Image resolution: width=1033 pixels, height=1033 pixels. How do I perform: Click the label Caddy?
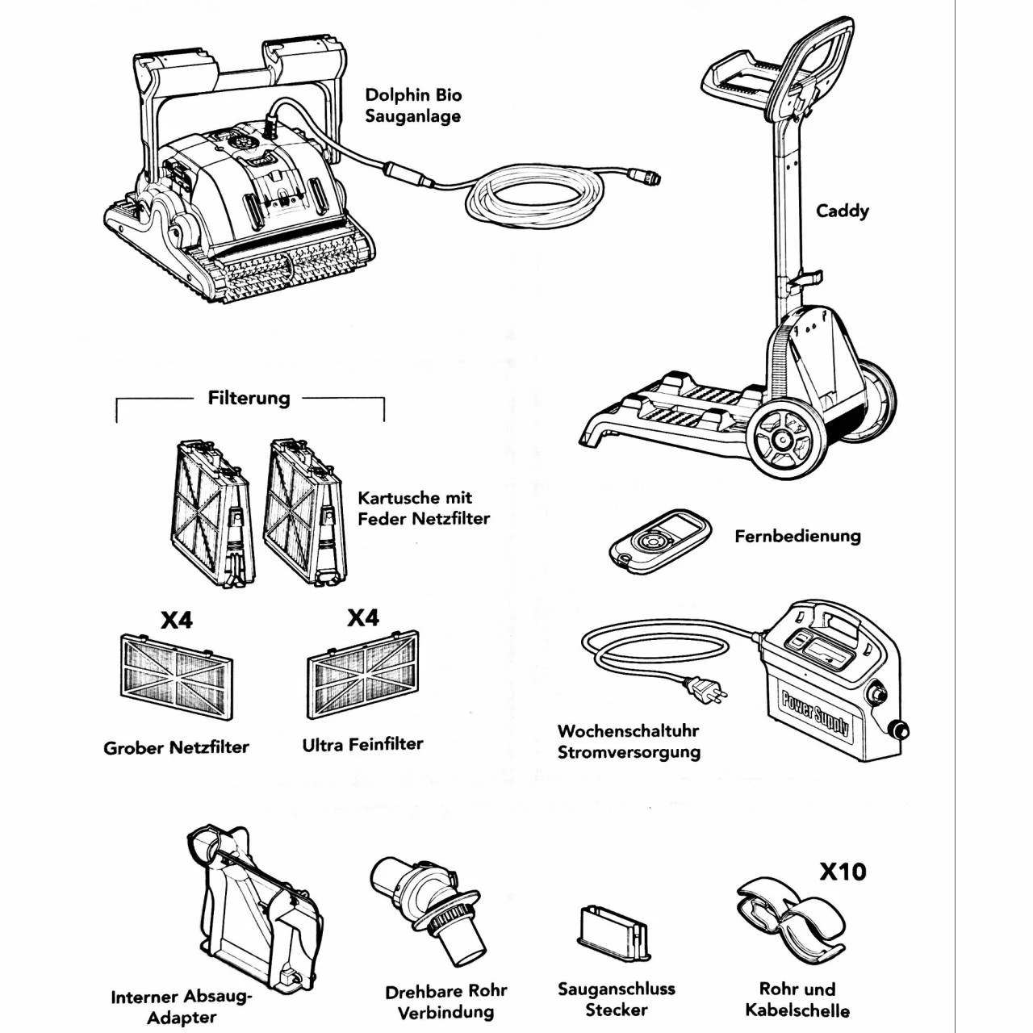pos(843,211)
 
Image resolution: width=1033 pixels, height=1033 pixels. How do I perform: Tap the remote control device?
pos(660,540)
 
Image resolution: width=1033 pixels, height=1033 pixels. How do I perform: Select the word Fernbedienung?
pos(797,536)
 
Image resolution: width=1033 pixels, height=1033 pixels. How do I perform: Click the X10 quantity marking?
pos(843,872)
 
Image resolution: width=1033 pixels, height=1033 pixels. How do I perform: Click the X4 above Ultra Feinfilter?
pos(363,618)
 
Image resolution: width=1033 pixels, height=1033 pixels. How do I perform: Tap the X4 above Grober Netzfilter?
pos(177,621)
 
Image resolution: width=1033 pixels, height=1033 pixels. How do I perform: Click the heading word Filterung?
pos(249,398)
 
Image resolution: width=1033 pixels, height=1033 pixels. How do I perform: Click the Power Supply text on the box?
pos(815,712)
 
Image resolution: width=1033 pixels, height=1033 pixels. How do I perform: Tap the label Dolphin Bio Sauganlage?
pos(413,106)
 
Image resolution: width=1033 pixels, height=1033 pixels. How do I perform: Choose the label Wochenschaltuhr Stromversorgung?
pos(629,742)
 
